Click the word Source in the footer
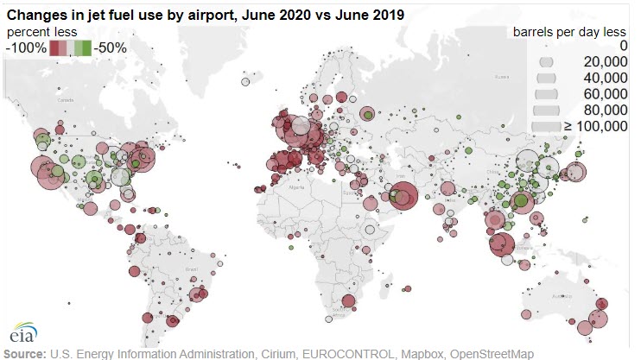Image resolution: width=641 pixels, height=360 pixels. [x=25, y=354]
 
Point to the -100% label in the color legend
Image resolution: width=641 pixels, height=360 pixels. [x=25, y=47]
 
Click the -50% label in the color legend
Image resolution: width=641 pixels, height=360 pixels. [x=111, y=47]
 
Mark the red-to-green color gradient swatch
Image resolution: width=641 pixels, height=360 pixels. [x=72, y=48]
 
